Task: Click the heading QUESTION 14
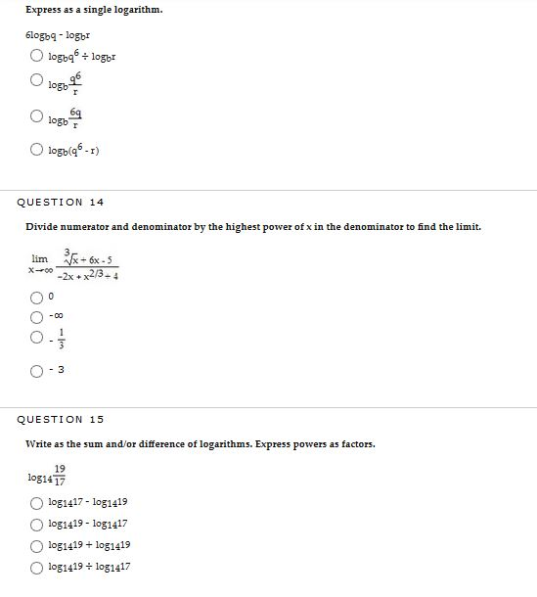click(x=61, y=203)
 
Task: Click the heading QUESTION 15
click(x=61, y=420)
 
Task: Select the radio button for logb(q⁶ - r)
click(x=36, y=151)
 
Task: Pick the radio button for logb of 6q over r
click(x=36, y=117)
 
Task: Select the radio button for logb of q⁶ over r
click(x=36, y=82)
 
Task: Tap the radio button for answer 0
click(x=36, y=296)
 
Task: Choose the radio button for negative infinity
click(x=36, y=316)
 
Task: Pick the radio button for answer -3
click(x=36, y=370)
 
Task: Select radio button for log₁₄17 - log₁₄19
click(x=36, y=503)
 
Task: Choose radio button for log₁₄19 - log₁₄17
click(x=36, y=524)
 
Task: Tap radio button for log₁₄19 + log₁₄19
click(x=36, y=545)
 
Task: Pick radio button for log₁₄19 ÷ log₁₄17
click(x=36, y=567)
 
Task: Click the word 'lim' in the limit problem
click(x=40, y=258)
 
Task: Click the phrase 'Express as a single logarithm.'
click(x=94, y=10)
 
